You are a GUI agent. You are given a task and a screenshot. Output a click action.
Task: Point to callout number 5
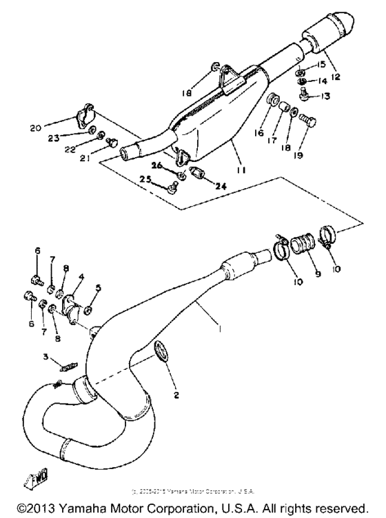(x=97, y=290)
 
